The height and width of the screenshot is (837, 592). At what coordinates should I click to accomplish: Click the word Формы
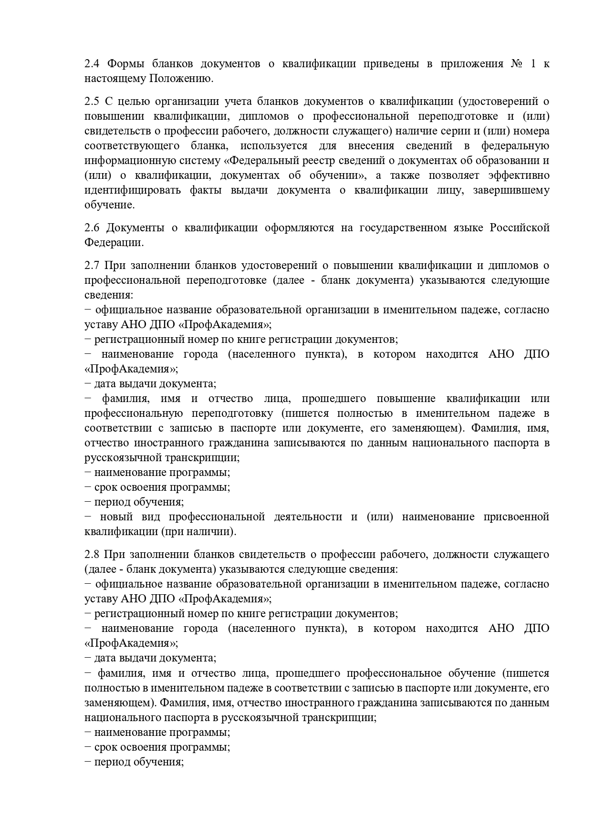click(124, 64)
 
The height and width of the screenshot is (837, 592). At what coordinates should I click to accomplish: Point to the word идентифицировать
click(133, 190)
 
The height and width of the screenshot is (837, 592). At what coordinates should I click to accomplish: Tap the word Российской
click(519, 227)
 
